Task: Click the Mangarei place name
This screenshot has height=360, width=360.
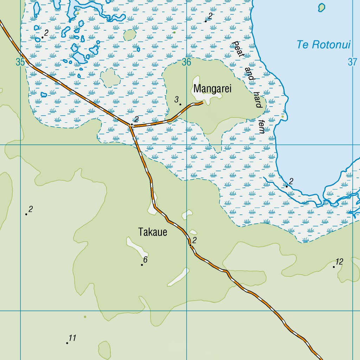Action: point(212,89)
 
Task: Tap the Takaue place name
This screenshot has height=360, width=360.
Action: point(153,232)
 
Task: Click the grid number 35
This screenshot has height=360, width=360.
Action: point(20,62)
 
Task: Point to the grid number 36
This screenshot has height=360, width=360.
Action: point(186,62)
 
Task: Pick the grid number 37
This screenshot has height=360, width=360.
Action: point(352,62)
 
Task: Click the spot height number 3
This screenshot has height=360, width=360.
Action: point(177,99)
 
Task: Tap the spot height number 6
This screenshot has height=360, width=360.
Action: point(145,260)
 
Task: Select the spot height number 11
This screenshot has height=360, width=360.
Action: point(72,338)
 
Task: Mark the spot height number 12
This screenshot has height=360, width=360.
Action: point(339,262)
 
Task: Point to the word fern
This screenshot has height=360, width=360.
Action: point(261,127)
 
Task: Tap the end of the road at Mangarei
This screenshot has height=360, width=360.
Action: point(203,103)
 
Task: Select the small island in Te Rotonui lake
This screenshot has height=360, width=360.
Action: point(321,7)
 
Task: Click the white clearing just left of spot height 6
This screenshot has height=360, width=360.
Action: point(137,247)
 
